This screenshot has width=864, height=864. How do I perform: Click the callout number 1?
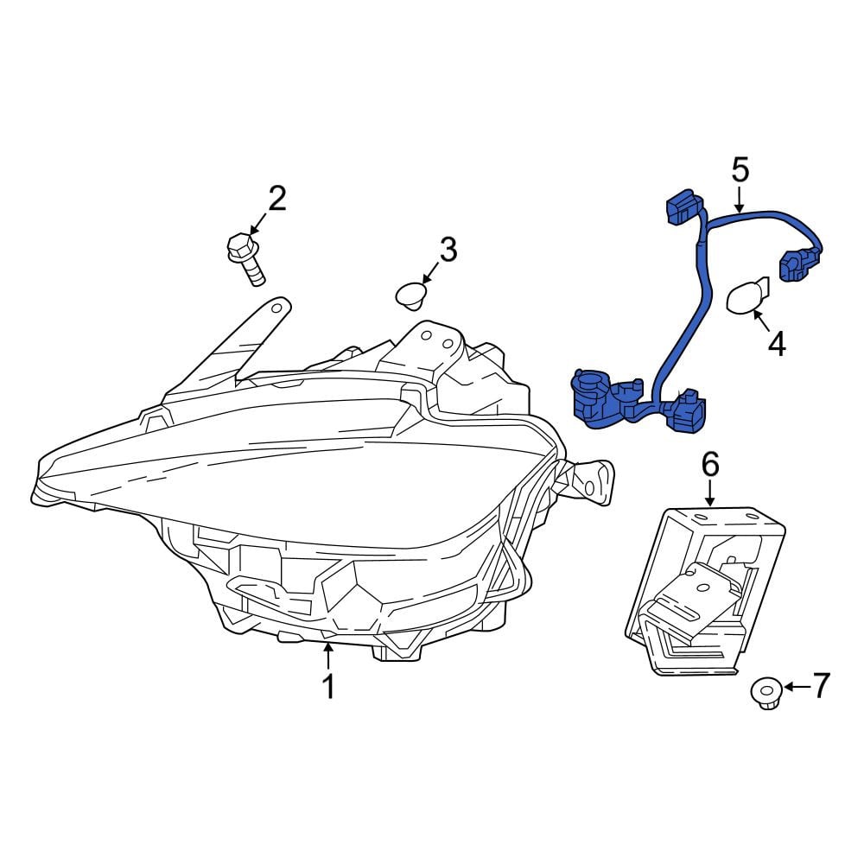tap(329, 686)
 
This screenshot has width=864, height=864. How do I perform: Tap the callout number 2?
tap(277, 199)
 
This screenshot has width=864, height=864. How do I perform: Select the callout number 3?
tap(448, 249)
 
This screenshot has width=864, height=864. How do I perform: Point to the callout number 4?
tap(777, 344)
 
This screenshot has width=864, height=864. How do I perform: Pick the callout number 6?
tap(710, 464)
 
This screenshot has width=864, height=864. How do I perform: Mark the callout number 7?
tap(821, 686)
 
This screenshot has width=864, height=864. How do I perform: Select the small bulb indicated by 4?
tap(746, 295)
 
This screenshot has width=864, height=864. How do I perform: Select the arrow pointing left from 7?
tap(797, 687)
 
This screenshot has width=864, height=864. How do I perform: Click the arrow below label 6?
tap(710, 492)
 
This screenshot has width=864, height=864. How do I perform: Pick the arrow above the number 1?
tap(328, 657)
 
